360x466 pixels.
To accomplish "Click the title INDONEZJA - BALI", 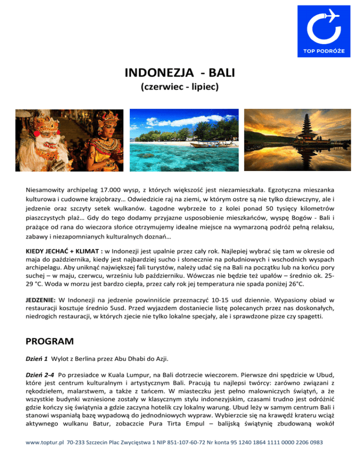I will tap(180, 74).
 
